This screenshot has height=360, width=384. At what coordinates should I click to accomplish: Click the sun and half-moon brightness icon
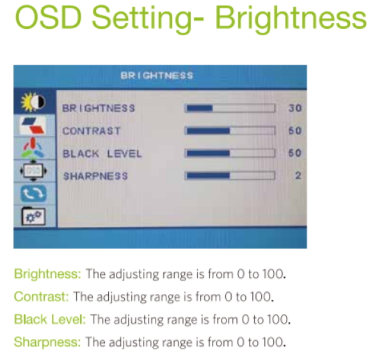pos(33,102)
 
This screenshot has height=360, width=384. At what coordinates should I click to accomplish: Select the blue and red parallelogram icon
pos(33,125)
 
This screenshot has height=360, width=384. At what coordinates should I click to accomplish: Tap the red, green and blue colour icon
pos(33,147)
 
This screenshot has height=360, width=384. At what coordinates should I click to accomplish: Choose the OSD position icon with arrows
pos(33,170)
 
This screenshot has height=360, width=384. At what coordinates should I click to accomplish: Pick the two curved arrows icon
pos(33,193)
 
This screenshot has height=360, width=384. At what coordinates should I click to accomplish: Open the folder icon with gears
pos(33,216)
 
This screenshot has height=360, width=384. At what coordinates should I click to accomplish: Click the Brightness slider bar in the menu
pos(230,108)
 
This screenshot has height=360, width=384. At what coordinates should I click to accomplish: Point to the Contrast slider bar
pos(230,131)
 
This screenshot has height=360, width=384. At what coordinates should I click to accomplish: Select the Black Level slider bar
pos(230,153)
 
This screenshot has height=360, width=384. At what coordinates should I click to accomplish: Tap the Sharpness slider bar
pos(230,176)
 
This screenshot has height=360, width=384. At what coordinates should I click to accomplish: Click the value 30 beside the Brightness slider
pos(295,108)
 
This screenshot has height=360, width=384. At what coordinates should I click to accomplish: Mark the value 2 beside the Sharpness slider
pos(298,176)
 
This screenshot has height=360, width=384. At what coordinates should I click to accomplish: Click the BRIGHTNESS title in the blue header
pos(157,76)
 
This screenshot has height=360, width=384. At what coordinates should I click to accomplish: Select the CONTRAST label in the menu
pos(92,131)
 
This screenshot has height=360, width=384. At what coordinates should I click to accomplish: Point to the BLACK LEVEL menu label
pos(102,154)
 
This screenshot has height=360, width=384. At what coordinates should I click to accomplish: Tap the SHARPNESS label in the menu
pos(96,176)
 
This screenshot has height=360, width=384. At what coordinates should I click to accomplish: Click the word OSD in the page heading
pos(48,17)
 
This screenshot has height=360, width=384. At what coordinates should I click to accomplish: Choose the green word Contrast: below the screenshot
pos(42,297)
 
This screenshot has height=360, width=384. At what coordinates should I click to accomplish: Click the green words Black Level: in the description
pos(50,319)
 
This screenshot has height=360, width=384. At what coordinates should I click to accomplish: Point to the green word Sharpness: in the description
pos(47,342)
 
